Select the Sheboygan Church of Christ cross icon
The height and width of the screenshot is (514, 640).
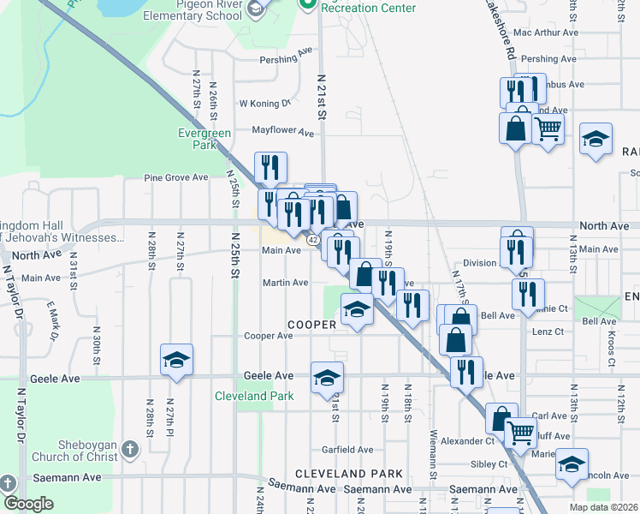pyautogui.click(x=129, y=449)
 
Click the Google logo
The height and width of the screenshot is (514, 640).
pyautogui.click(x=28, y=505)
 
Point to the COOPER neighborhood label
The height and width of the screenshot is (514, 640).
pyautogui.click(x=311, y=325)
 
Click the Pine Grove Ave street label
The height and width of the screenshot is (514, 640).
pyautogui.click(x=176, y=177)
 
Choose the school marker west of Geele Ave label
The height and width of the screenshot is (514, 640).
pyautogui.click(x=176, y=360)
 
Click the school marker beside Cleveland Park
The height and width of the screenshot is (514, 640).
pyautogui.click(x=327, y=378)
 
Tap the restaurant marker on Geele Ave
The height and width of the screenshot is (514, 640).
pyautogui.click(x=466, y=373)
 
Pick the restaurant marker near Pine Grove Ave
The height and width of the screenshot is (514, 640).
pyautogui.click(x=270, y=167)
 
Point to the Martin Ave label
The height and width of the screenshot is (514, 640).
pyautogui.click(x=285, y=283)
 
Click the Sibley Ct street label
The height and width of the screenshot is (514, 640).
pyautogui.click(x=489, y=464)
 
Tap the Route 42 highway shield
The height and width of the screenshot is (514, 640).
pyautogui.click(x=313, y=241)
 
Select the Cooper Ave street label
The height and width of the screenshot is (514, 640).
pyautogui.click(x=269, y=336)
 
